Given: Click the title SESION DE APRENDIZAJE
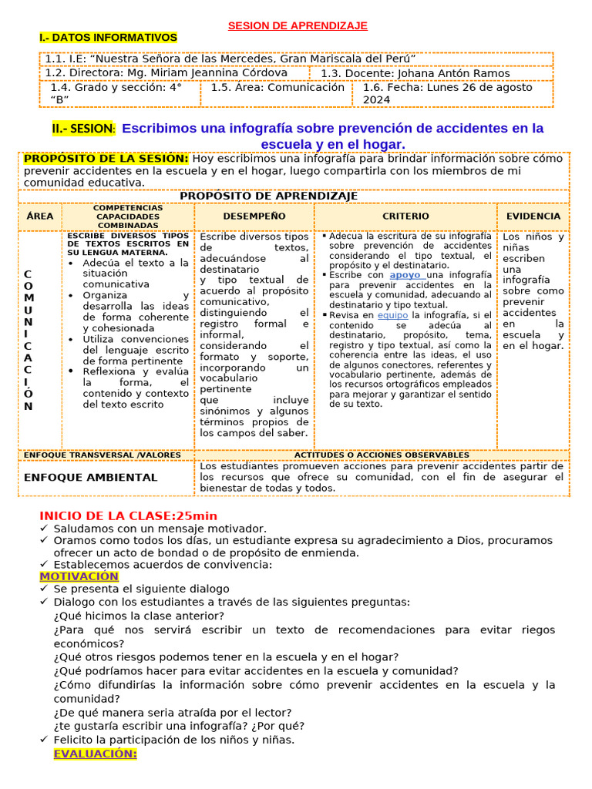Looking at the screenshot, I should [x=298, y=25].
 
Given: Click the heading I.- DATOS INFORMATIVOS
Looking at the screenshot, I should [x=108, y=38].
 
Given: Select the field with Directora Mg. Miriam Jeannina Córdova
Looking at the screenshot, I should [x=166, y=73].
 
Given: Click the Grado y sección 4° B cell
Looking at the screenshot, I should [x=116, y=93].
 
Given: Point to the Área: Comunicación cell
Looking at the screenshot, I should [x=277, y=88].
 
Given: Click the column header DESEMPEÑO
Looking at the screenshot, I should [x=254, y=217].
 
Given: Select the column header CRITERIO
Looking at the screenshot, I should [x=405, y=217].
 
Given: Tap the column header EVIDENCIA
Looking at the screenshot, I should [x=533, y=217].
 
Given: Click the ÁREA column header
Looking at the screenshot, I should [x=40, y=217].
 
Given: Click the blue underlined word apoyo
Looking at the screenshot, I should [x=405, y=275].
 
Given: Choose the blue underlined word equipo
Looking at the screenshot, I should [x=392, y=315].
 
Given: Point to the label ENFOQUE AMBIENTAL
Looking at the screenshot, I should [x=90, y=478].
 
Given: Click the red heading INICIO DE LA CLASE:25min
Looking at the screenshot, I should [x=128, y=515].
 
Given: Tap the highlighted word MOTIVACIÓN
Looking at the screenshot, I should [x=79, y=576].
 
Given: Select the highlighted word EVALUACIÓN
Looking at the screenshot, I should [x=95, y=754].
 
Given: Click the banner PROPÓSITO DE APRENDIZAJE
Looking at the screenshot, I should [x=268, y=196].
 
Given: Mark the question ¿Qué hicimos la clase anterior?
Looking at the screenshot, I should [x=139, y=616].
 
